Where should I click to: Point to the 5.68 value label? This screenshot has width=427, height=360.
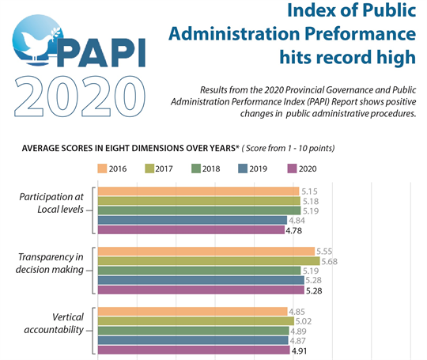click(x=331, y=261)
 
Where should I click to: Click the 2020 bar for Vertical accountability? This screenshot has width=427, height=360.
click(x=193, y=350)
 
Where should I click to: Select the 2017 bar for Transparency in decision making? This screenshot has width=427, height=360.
click(x=208, y=261)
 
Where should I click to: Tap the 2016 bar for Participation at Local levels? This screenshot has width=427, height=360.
click(x=198, y=191)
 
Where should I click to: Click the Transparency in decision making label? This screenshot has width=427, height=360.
click(x=51, y=263)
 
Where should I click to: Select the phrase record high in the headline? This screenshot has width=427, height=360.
click(x=372, y=57)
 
